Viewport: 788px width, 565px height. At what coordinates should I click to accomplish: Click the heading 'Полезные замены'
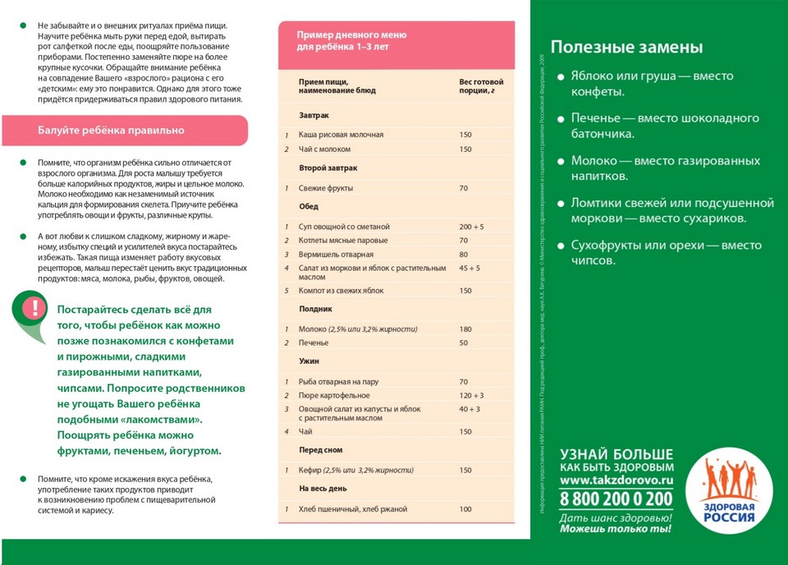click(x=626, y=47)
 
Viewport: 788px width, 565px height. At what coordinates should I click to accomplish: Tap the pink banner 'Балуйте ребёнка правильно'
click(x=111, y=131)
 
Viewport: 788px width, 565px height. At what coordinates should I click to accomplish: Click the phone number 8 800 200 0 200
click(x=616, y=498)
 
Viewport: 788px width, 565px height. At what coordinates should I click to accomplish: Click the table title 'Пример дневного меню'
click(x=351, y=35)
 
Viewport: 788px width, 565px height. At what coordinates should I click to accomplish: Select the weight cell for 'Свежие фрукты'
click(x=464, y=188)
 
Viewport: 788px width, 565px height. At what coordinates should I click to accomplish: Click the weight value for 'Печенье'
click(x=464, y=342)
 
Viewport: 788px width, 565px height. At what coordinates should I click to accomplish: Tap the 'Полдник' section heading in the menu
click(x=315, y=310)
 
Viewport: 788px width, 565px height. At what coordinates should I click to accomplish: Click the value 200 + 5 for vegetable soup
click(x=471, y=226)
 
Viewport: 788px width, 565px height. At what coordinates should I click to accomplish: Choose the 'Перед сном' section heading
click(x=321, y=450)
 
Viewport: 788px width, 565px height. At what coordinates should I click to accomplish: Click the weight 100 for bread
click(x=465, y=509)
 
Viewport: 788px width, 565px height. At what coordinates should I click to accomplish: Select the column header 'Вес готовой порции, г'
click(x=481, y=86)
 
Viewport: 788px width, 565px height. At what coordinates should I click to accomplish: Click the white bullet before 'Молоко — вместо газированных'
click(x=561, y=162)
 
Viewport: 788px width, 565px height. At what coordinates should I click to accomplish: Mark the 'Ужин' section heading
click(x=309, y=361)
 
